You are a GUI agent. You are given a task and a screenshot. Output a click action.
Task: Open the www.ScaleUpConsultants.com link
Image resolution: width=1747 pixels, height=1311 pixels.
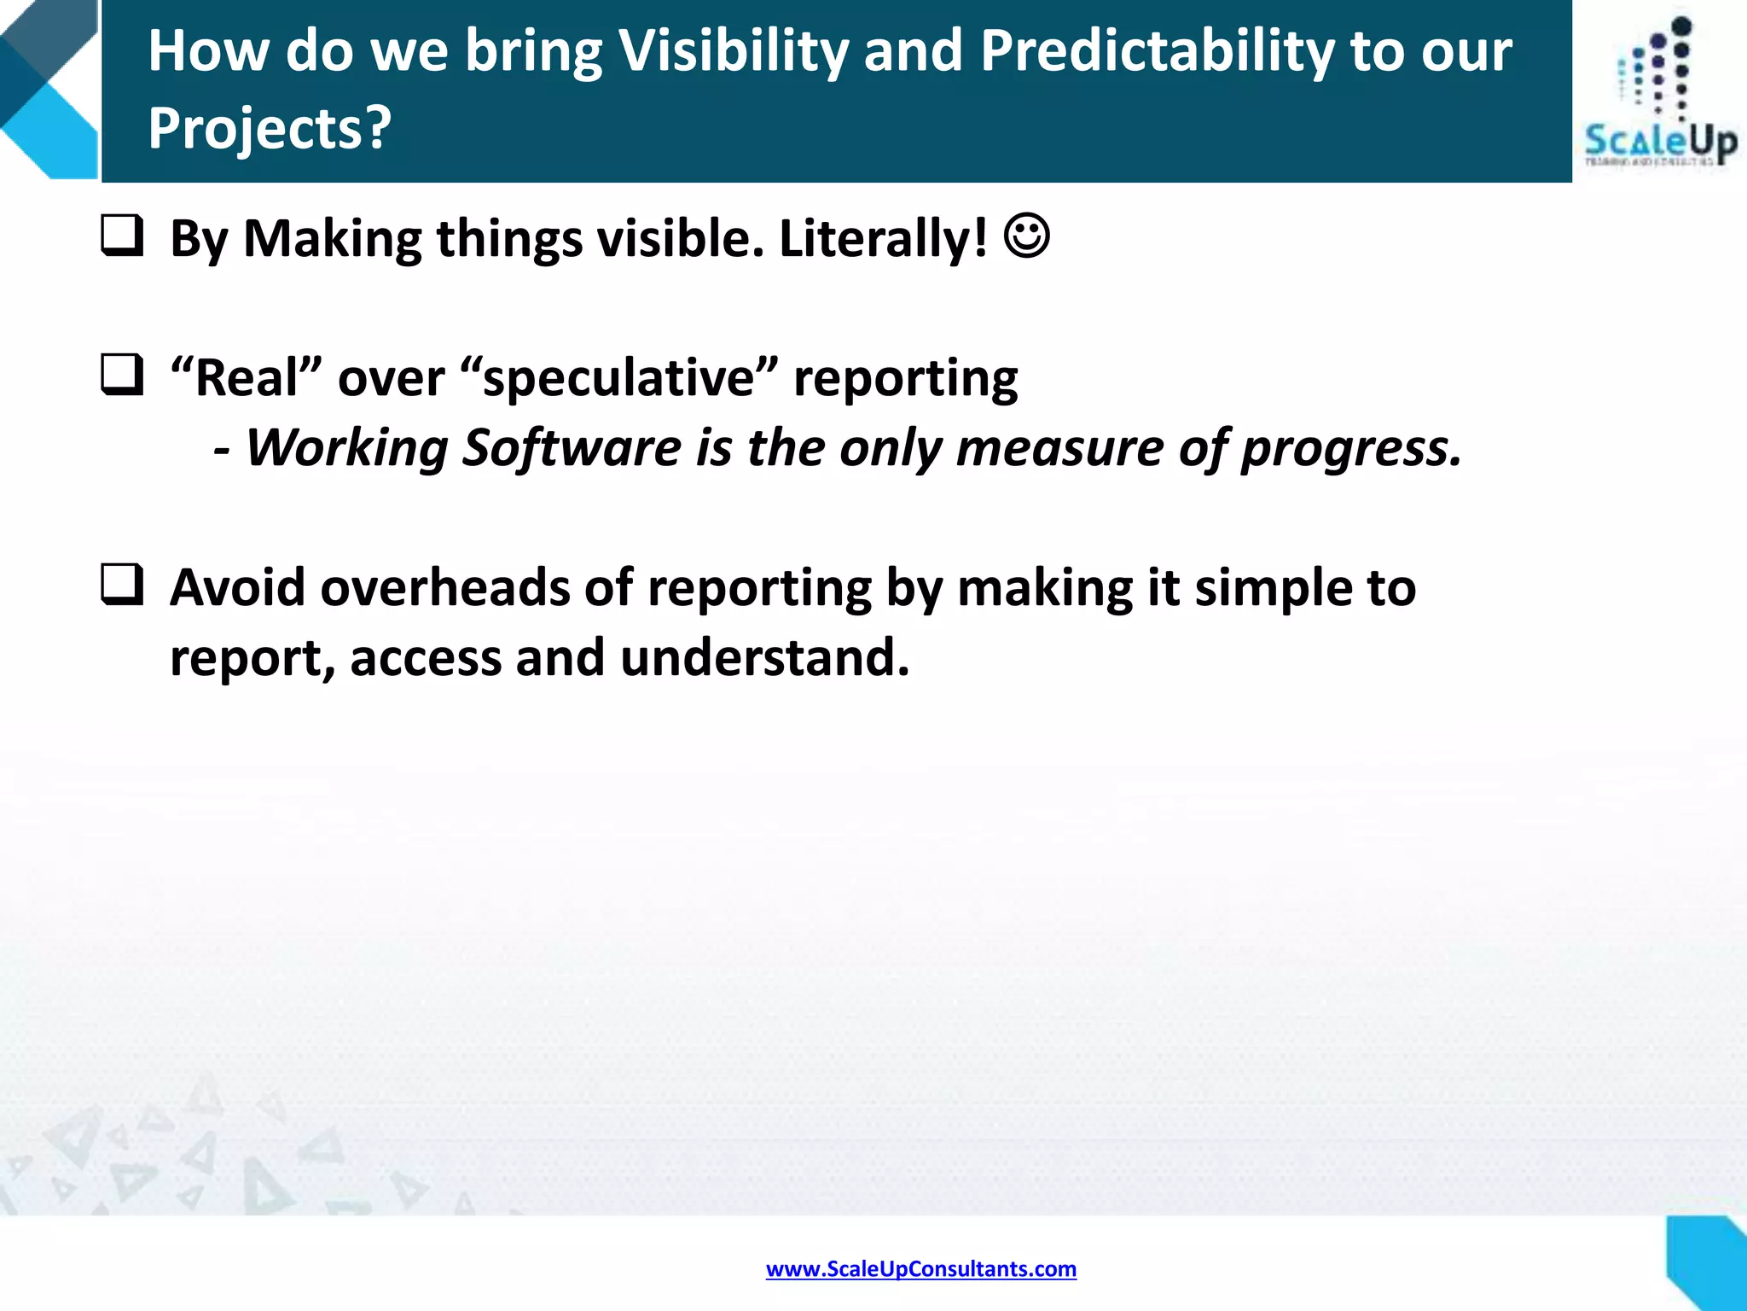(920, 1269)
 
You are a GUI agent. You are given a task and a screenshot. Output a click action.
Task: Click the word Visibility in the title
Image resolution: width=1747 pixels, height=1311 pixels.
(733, 51)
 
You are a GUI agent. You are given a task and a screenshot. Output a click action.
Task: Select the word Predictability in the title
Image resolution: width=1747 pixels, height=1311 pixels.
(1156, 51)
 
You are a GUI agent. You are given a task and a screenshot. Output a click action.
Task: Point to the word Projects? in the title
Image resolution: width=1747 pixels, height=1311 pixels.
(270, 128)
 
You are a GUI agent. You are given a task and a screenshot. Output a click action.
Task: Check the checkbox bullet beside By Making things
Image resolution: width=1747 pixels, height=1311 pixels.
(122, 236)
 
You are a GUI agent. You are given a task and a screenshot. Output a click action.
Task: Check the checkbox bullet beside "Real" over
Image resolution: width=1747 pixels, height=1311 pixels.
(122, 375)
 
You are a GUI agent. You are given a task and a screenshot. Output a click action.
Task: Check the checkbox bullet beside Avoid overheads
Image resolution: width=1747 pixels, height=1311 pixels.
(122, 586)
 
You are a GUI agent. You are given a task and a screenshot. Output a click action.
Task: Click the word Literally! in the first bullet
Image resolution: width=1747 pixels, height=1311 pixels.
(883, 238)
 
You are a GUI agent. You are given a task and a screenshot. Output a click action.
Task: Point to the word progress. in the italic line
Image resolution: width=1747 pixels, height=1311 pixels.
(1351, 449)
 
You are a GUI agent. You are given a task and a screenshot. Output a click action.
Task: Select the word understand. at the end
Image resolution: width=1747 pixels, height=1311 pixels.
(764, 658)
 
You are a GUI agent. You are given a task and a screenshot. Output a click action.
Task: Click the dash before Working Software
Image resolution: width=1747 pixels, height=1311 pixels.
(221, 449)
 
